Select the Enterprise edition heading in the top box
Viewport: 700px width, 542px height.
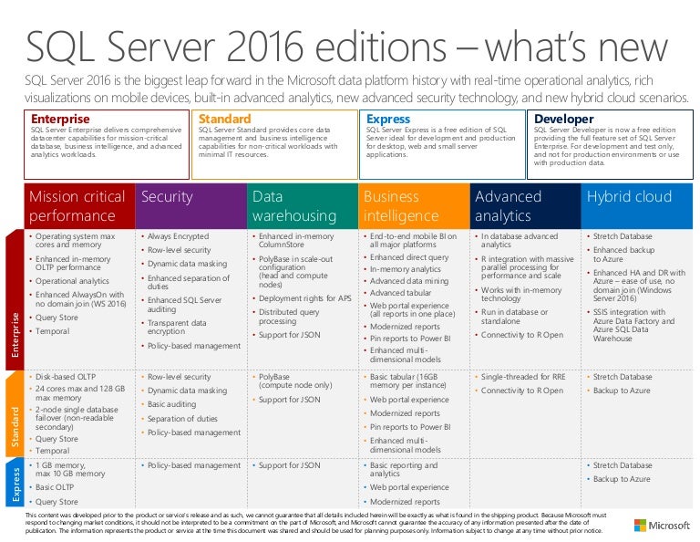point(60,119)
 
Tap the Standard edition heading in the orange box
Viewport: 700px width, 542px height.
point(224,119)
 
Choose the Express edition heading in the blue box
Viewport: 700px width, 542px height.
point(388,119)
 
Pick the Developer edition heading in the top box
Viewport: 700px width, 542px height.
point(563,119)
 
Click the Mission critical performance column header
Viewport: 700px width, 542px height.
point(78,206)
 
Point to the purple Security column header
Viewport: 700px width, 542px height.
point(166,196)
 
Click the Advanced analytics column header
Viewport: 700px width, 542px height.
point(509,206)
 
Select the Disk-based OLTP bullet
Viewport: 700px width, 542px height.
point(68,376)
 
